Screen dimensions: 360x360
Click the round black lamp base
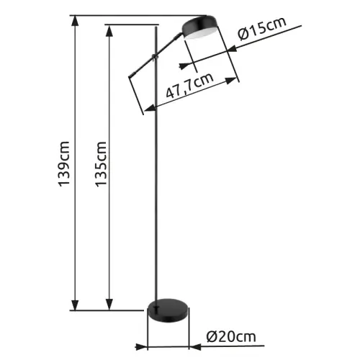pos(168,310)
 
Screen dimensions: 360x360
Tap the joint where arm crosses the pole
pos(157,55)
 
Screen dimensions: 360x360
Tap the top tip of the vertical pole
pos(158,27)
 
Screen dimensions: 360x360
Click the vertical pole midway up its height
pos(158,166)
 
